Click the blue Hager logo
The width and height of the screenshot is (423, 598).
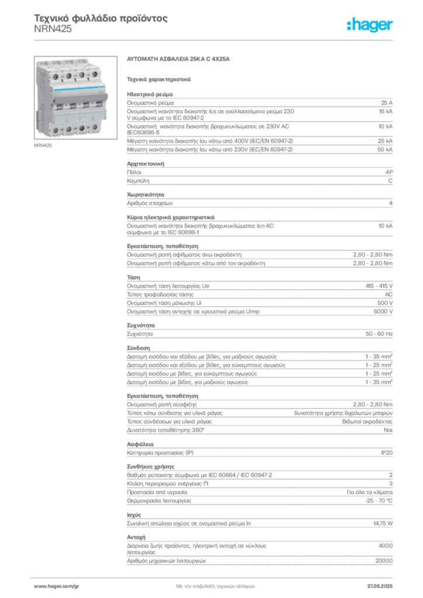coord(370,25)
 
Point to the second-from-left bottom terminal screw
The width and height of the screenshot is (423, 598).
coord(68,129)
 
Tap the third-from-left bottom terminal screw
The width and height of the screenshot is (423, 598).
coord(82,128)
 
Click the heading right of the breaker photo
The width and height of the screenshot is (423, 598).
coord(180,60)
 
